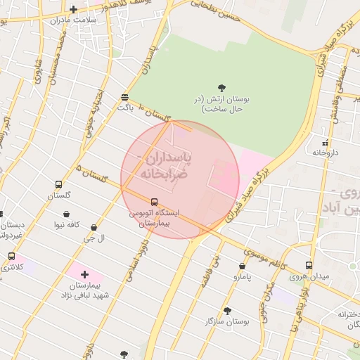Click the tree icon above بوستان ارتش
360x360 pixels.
(221, 88)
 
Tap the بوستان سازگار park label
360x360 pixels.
(226, 321)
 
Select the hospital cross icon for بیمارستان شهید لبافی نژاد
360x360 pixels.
(84, 274)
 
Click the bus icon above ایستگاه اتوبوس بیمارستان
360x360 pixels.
(154, 202)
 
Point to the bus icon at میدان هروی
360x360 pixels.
(309, 265)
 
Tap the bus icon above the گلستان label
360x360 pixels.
(59, 185)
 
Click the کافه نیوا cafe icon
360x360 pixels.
(66, 214)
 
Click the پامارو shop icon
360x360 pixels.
(243, 266)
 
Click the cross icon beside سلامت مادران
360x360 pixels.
(73, 9)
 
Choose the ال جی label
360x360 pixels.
(94, 238)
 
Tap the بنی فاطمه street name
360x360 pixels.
(215, 264)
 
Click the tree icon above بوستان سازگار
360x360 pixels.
(227, 310)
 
